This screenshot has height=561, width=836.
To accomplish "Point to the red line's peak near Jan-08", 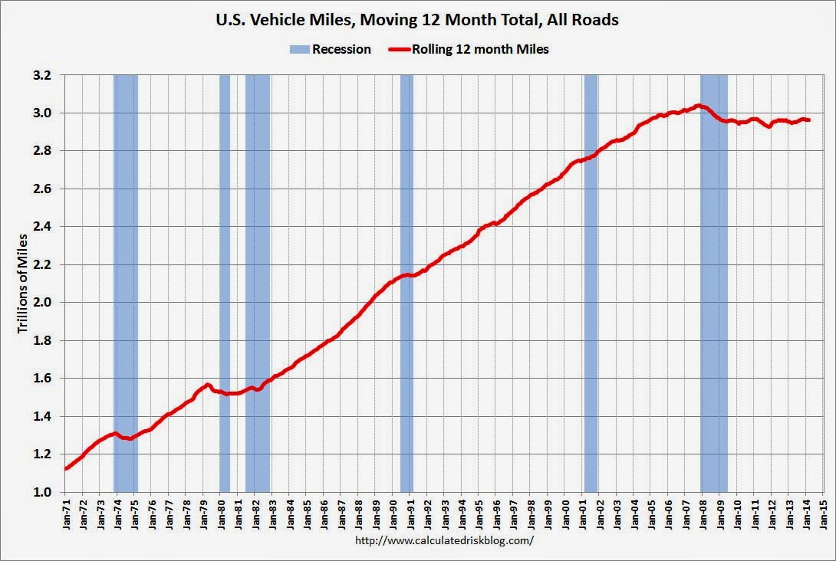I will click(x=698, y=106).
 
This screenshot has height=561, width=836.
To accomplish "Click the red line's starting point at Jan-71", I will click(x=66, y=468).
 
